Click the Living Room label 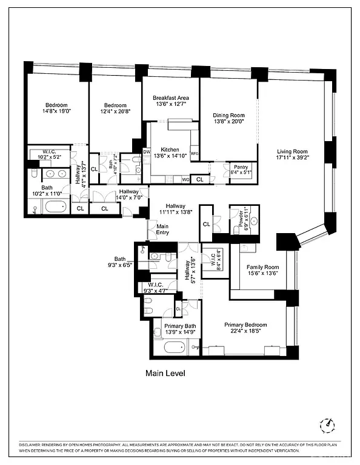pos(293,152)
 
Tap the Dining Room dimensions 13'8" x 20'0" pos(228,121)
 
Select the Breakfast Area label pos(170,98)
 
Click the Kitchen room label pos(170,150)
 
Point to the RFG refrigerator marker pos(195,154)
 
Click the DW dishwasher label pos(146,151)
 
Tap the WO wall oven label pos(185,179)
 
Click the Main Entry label pos(163,229)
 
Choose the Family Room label pos(262,267)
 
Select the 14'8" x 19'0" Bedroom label pos(56,105)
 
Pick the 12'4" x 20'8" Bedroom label pos(115,105)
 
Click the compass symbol pos(328,424)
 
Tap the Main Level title pos(165,374)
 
